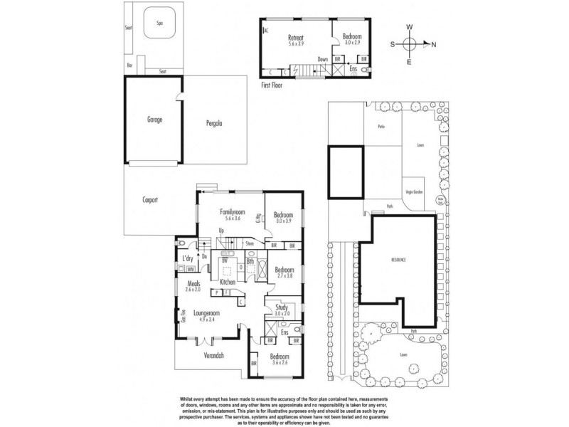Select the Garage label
[x=155, y=120]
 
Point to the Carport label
[x=149, y=200]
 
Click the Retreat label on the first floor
[x=296, y=36]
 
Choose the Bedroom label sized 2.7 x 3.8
[x=284, y=270]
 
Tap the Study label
[x=282, y=307]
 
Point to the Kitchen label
[x=228, y=283]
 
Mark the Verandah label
[x=214, y=354]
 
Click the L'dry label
[x=188, y=258]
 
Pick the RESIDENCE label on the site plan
[x=398, y=260]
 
